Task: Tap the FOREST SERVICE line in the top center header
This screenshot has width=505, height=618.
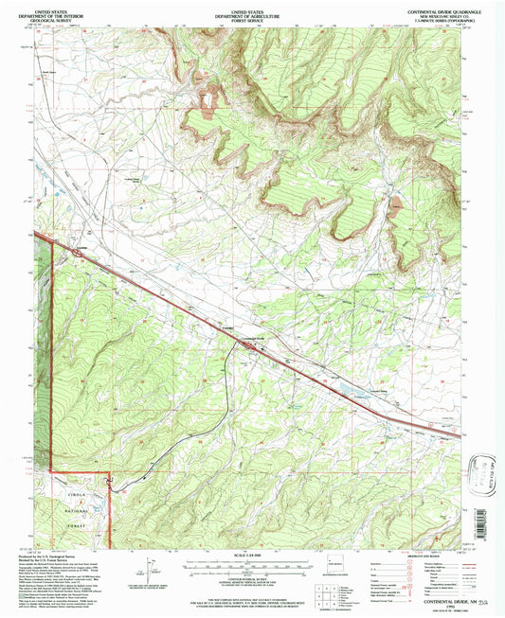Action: (x=251, y=22)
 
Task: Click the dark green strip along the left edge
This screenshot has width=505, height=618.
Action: (x=41, y=379)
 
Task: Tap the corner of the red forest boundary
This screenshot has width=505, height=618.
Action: (x=109, y=471)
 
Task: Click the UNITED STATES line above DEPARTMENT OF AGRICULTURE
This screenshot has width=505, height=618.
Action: (x=251, y=7)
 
